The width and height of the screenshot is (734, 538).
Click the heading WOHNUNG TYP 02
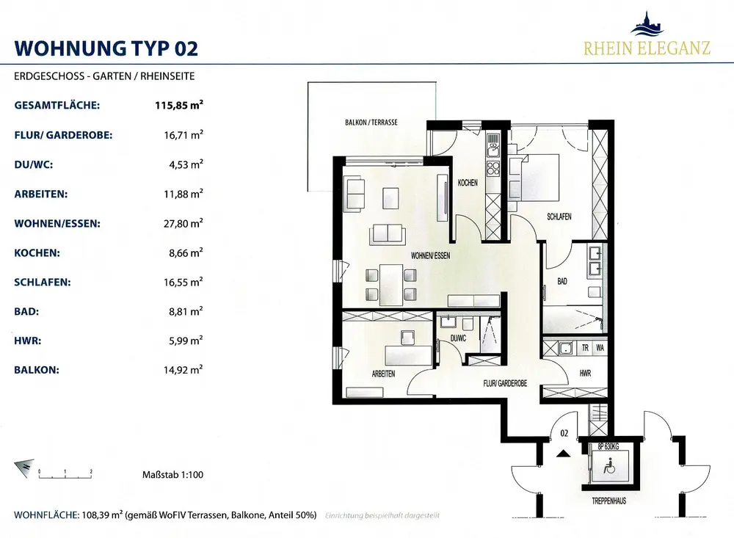click(106, 48)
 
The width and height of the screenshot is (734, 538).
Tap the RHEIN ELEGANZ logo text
click(647, 48)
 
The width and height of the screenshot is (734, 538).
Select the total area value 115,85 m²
click(179, 105)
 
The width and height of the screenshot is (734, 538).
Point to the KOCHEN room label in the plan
click(468, 183)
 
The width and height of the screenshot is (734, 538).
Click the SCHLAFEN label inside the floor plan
click(559, 217)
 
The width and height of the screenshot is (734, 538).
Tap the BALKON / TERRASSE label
click(371, 123)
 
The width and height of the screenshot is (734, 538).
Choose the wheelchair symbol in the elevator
click(609, 466)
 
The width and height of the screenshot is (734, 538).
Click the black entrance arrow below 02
click(564, 453)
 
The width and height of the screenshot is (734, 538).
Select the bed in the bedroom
click(537, 178)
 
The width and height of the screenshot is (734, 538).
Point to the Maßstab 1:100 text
click(172, 475)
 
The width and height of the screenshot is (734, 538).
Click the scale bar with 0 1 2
click(65, 474)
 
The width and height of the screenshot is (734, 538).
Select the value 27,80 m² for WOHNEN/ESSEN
click(183, 223)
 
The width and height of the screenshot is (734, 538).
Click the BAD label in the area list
click(26, 311)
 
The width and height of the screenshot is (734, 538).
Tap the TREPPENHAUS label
click(609, 501)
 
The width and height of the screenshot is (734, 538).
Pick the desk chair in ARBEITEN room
click(407, 337)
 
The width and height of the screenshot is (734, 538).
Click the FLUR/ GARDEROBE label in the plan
click(505, 383)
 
